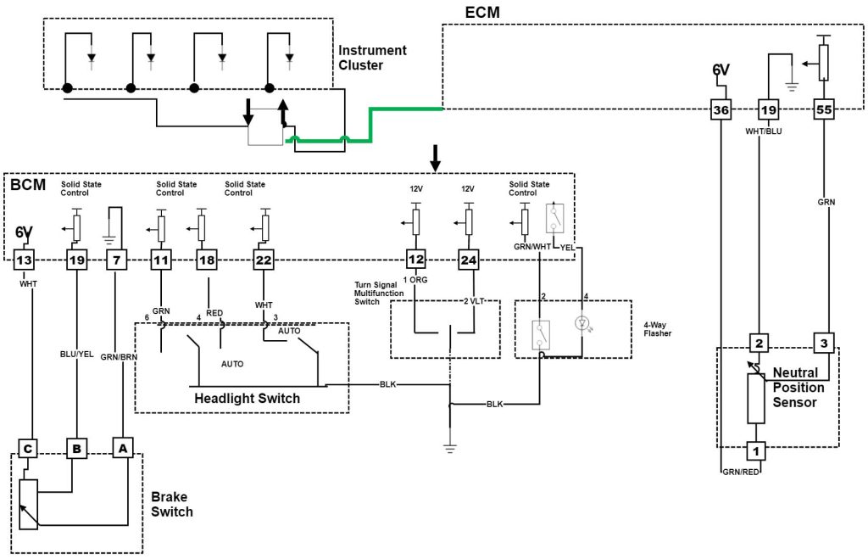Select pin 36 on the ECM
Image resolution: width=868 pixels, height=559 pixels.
click(720, 109)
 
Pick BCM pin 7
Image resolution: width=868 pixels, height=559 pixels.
click(117, 260)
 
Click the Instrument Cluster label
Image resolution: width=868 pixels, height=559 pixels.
click(372, 58)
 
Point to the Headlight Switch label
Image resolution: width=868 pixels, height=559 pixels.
click(247, 398)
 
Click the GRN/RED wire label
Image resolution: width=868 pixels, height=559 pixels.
click(739, 472)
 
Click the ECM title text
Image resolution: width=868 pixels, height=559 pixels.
click(482, 13)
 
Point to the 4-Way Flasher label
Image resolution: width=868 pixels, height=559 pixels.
click(656, 327)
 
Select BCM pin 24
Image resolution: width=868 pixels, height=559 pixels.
click(468, 260)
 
